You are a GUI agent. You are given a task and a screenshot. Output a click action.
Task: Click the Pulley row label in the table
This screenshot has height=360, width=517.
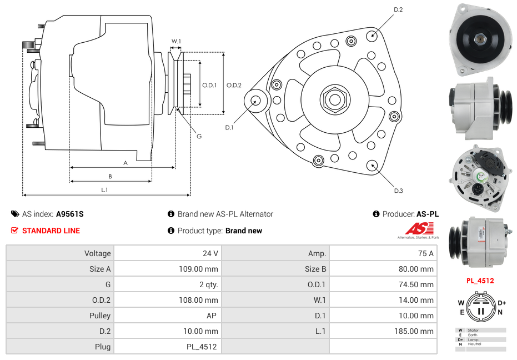click(x=100, y=316)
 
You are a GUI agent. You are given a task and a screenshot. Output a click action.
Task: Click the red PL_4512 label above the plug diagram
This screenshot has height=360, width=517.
click(x=480, y=281)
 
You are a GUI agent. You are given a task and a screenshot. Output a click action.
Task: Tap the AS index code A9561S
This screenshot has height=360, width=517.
click(x=69, y=214)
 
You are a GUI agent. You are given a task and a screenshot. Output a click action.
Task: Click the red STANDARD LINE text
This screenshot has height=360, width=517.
click(x=51, y=231)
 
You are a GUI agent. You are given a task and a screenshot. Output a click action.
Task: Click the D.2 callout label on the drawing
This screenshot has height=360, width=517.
click(x=398, y=10)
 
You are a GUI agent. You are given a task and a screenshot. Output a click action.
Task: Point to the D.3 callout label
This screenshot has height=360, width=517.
click(x=398, y=191)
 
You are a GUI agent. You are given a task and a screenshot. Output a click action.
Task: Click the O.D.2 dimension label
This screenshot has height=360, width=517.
click(x=234, y=85)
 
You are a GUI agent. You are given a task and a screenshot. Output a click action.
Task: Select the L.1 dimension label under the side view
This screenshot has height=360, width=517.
click(x=104, y=190)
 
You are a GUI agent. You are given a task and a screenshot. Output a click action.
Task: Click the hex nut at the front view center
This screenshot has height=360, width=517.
click(x=334, y=99)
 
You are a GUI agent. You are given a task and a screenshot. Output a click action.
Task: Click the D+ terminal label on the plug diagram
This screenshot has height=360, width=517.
click(x=502, y=303)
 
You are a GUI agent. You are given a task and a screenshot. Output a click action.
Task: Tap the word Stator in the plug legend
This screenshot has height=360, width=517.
click(x=473, y=330)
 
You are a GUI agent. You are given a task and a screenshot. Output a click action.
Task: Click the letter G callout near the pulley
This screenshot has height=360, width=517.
click(x=199, y=137)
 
